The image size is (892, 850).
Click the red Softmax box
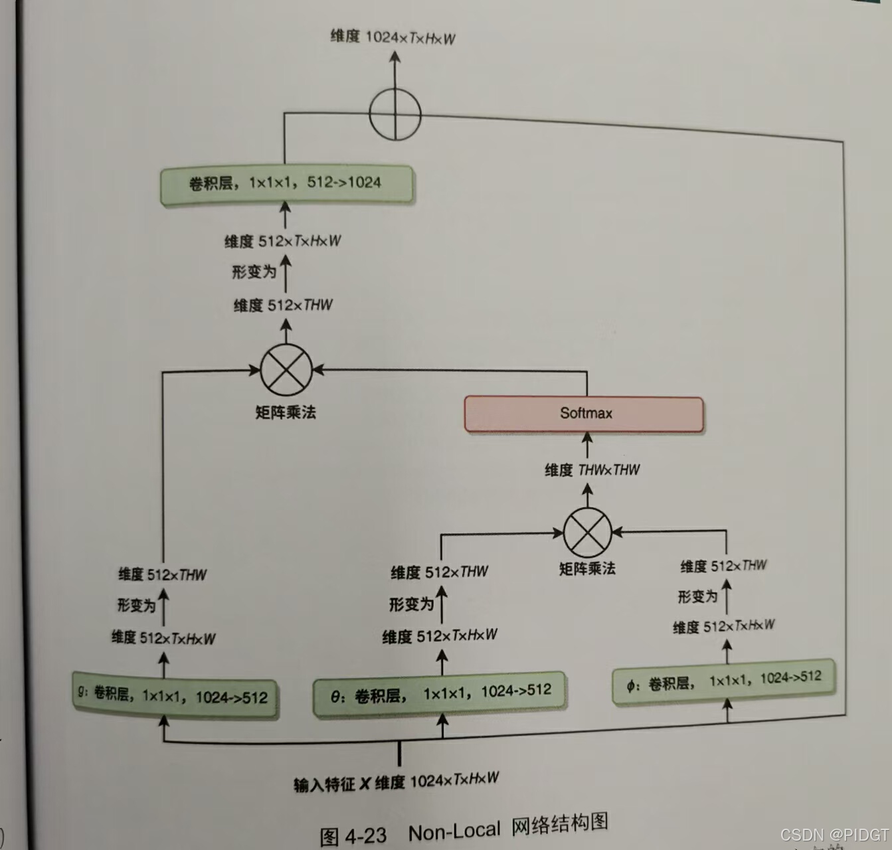584,414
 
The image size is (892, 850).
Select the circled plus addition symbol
395,114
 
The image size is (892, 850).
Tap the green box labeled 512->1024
286,184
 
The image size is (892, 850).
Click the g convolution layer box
175,696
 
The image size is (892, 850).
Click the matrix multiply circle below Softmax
587,532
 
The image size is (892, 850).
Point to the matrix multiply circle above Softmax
286,370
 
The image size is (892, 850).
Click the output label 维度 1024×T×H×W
393,37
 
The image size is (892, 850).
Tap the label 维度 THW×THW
592,470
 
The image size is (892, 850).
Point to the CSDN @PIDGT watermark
834,835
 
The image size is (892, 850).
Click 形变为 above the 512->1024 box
254,272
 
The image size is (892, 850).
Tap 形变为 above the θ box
411,604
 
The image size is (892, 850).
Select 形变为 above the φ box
697,596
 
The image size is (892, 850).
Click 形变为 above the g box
136,605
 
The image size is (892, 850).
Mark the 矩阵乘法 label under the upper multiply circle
286,412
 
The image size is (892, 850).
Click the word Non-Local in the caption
454,831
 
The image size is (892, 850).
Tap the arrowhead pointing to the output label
395,58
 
